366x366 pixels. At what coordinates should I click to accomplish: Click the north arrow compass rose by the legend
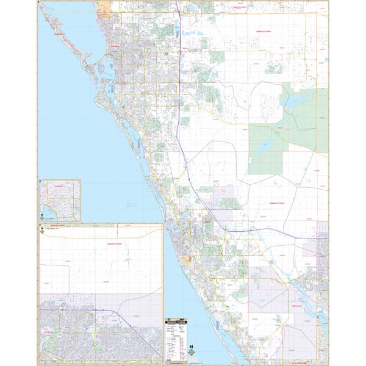point(192,352)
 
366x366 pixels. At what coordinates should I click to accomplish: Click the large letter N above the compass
point(192,345)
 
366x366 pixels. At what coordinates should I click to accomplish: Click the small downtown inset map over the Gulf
point(60,200)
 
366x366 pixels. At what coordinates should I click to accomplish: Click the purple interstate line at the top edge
point(176,5)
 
